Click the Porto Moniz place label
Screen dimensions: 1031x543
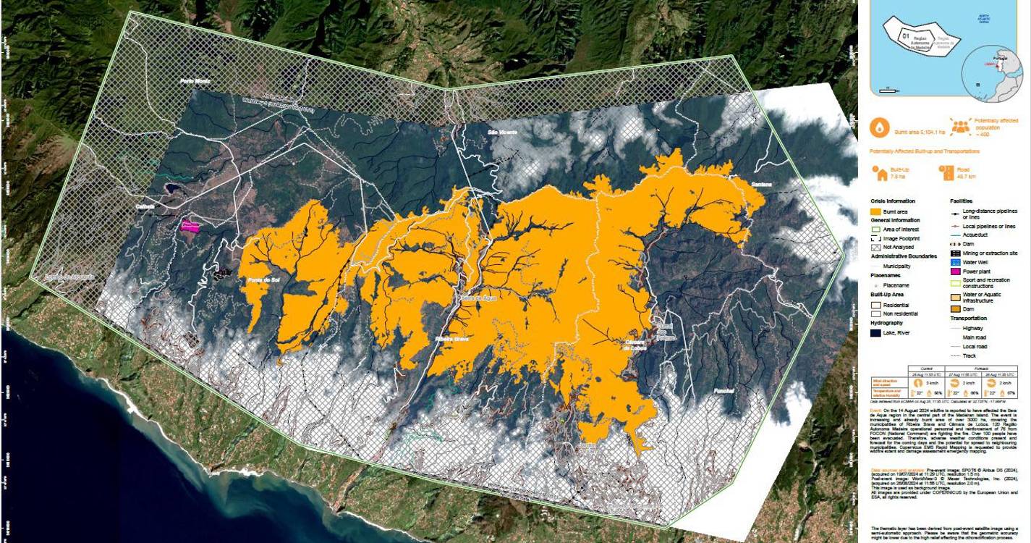pyautogui.click(x=195, y=82)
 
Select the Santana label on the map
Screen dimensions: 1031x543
pyautogui.click(x=762, y=184)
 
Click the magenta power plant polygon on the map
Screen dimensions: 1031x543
pyautogui.click(x=190, y=227)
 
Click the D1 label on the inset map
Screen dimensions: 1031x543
pyautogui.click(x=904, y=34)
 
